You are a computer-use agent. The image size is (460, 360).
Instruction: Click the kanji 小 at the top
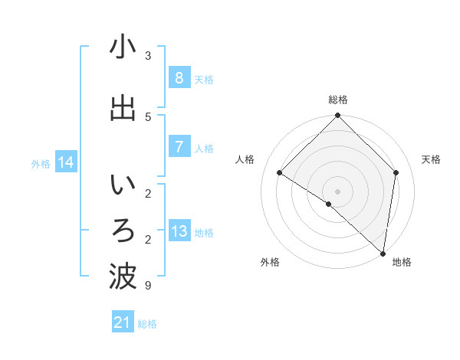(x=123, y=47)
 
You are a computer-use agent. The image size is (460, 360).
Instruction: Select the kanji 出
(x=123, y=108)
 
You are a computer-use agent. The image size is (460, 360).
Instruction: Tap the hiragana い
(x=123, y=186)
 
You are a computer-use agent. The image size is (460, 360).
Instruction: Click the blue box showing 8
(x=179, y=78)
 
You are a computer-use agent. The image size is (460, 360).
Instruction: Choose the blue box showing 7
(x=179, y=147)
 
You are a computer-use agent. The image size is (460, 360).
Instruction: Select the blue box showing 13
(x=179, y=231)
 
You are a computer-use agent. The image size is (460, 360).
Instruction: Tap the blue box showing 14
(x=66, y=162)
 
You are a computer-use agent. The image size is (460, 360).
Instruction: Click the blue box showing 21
(x=122, y=322)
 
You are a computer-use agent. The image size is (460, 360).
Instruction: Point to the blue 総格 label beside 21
(x=148, y=324)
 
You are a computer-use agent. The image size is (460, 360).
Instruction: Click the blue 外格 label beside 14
(x=41, y=163)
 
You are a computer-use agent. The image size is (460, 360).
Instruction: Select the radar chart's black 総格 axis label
(x=338, y=100)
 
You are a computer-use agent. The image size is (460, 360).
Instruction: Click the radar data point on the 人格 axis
(x=280, y=172)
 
